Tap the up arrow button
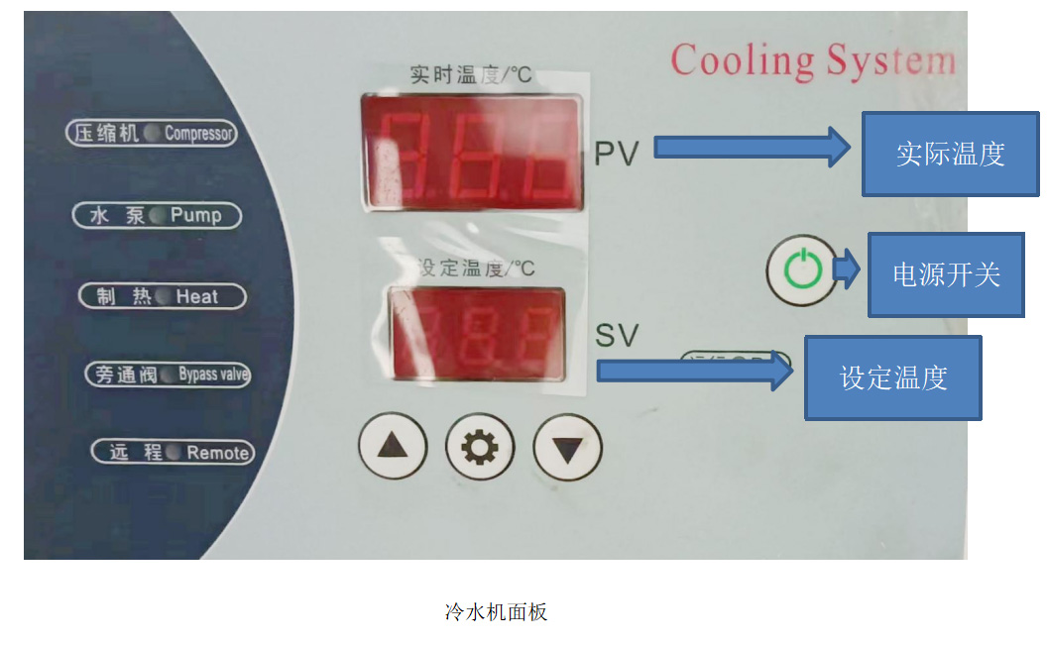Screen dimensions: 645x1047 click(x=392, y=446)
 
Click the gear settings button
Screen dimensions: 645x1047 click(x=480, y=448)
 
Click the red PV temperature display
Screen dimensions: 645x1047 click(x=472, y=152)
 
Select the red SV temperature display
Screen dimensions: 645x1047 click(x=478, y=334)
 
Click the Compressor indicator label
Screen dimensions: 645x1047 click(x=152, y=133)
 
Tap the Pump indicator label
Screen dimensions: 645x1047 click(x=157, y=215)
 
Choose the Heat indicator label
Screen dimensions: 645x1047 click(x=162, y=296)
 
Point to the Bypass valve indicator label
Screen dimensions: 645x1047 click(x=168, y=375)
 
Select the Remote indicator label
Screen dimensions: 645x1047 click(x=172, y=453)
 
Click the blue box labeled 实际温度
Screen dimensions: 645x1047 click(x=950, y=154)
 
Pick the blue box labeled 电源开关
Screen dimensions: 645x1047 click(x=946, y=274)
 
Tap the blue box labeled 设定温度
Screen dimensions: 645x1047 click(x=892, y=377)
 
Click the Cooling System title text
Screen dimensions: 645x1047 click(x=813, y=61)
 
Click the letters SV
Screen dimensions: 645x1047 click(x=617, y=335)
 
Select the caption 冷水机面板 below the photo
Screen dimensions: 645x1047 click(x=496, y=611)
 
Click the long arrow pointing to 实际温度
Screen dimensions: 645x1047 click(x=751, y=149)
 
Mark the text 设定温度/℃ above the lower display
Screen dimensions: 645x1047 click(x=476, y=269)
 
